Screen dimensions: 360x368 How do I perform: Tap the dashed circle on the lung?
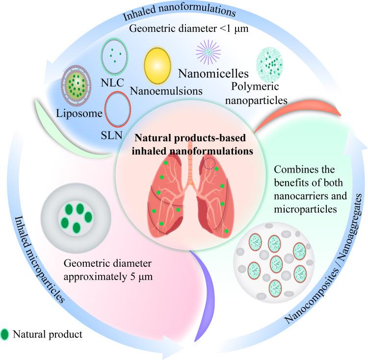210,163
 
